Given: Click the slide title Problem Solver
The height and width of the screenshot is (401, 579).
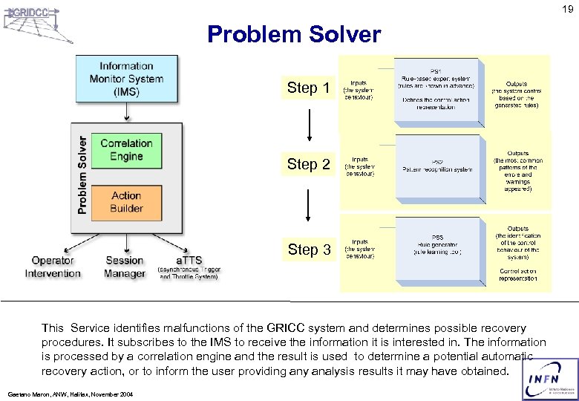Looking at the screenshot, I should click(294, 34).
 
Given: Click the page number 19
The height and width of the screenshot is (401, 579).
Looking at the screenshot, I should click(567, 10).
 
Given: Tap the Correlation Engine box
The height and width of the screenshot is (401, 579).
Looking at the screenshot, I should click(126, 149).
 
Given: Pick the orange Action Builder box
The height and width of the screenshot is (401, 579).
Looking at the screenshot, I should click(126, 201).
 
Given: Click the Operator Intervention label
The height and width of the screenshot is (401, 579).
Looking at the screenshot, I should click(53, 267).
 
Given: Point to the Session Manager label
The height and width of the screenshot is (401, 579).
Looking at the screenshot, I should click(125, 267).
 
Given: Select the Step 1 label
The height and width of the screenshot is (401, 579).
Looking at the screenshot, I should click(309, 88).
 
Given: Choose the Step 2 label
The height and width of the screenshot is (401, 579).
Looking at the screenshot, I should click(309, 164).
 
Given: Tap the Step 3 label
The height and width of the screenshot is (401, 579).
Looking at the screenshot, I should click(309, 250).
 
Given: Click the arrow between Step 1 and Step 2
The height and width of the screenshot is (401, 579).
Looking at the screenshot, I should click(309, 127).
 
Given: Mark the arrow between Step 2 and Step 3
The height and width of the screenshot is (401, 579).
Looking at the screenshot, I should click(309, 205).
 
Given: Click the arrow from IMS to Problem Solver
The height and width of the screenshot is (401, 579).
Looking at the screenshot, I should click(126, 111).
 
